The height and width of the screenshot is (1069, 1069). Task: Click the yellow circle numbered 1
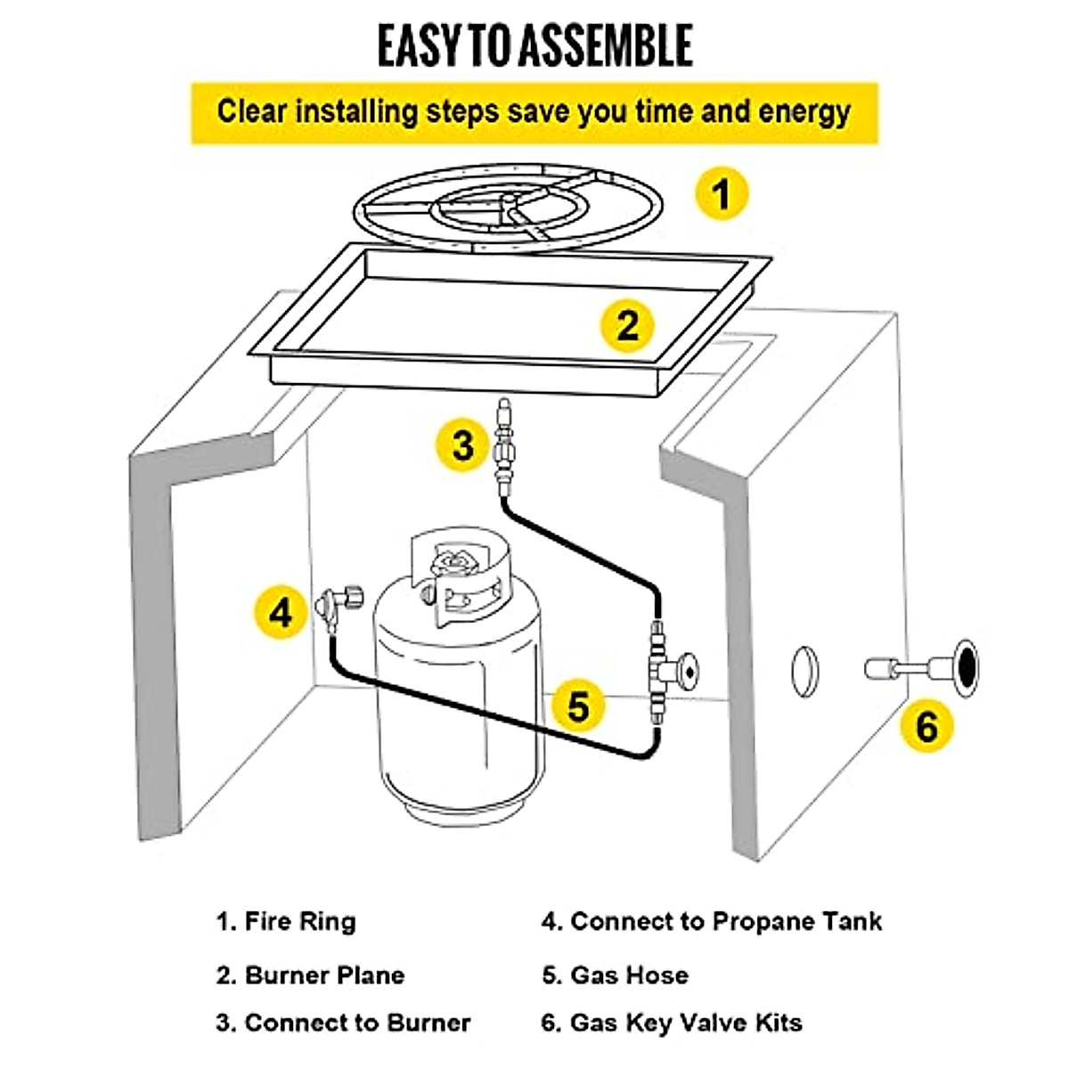coord(722,194)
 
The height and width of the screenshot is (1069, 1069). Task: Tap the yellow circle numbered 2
coord(628,325)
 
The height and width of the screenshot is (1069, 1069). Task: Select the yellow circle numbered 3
coord(462,445)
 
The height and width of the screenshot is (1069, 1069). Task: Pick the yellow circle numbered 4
coord(281,613)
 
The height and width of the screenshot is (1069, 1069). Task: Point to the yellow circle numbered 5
coord(578,706)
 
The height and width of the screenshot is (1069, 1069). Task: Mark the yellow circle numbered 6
coord(926,726)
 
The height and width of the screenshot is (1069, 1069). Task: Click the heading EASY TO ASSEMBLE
coord(534,46)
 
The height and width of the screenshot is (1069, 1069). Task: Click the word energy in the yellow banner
coord(804,113)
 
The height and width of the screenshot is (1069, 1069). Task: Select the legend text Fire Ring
coord(299,921)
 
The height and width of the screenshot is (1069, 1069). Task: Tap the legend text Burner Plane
coord(324,975)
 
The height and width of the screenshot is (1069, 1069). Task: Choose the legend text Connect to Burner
coord(356,1023)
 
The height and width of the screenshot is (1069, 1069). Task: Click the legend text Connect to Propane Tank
coord(725,921)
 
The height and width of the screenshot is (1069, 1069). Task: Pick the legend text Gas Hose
coord(629,975)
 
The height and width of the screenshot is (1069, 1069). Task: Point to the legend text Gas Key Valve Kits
coord(685,1023)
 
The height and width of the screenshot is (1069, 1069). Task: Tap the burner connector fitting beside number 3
coord(504,445)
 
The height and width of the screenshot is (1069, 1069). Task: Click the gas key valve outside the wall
coord(922,667)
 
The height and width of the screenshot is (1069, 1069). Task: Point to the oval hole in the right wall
coord(804,671)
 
